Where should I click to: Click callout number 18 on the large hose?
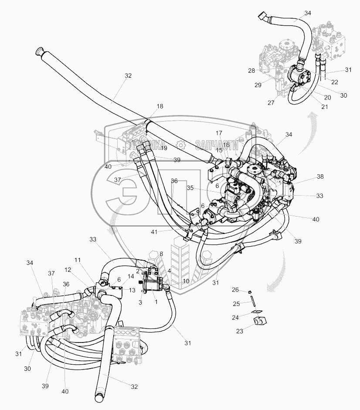point(160,106)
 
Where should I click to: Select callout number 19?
point(164,148)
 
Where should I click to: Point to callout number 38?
point(320,177)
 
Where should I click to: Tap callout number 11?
point(78,260)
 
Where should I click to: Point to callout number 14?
point(131,276)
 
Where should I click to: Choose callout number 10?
point(186,281)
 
